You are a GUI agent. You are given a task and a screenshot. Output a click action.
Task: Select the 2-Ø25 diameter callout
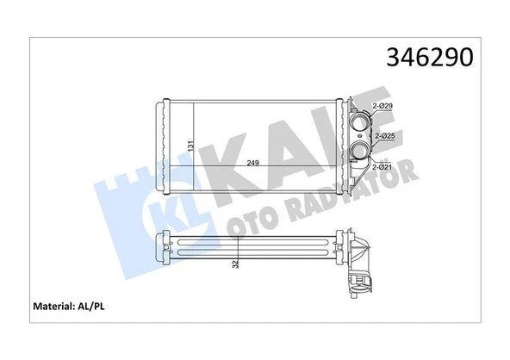tap(383, 135)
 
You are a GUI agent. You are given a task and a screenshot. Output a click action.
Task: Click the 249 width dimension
tap(253, 161)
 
